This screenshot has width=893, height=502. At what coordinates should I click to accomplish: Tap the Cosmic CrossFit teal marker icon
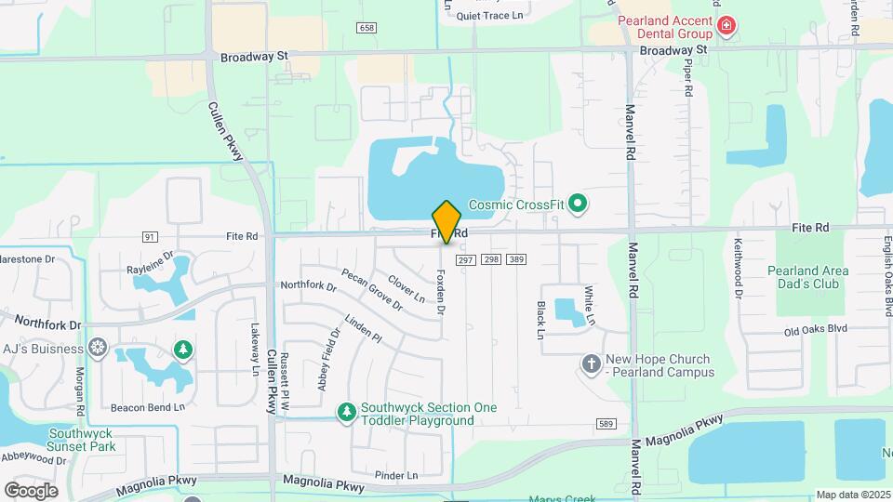(578, 203)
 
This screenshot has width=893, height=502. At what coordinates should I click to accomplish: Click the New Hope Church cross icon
(592, 364)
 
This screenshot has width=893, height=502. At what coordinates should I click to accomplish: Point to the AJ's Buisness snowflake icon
(98, 349)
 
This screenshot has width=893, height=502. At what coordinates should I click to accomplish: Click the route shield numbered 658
(367, 28)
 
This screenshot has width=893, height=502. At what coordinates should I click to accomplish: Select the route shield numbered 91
(150, 237)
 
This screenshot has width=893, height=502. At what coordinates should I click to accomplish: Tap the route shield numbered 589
(606, 424)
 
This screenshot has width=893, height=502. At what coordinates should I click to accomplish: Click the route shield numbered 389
(517, 258)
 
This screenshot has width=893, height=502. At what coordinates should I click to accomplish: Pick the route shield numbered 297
(467, 258)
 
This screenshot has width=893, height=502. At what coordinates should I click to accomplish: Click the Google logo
(31, 490)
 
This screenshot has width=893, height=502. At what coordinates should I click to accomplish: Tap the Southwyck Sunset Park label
(82, 440)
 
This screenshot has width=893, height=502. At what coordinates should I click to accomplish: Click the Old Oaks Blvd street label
(815, 329)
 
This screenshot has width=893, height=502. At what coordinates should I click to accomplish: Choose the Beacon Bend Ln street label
(148, 407)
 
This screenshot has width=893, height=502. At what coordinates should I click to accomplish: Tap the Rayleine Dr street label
(150, 267)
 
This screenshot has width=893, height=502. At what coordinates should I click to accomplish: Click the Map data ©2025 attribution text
(852, 495)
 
